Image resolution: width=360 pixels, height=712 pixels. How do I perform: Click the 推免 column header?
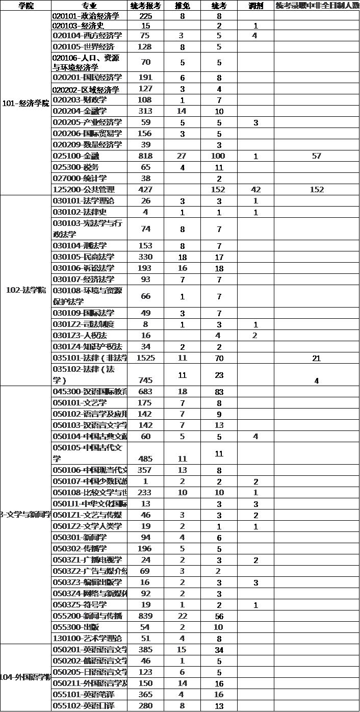tap(182, 6)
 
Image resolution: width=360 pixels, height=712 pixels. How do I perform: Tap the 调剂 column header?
tap(255, 6)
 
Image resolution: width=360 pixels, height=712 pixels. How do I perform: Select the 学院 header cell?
tap(26, 6)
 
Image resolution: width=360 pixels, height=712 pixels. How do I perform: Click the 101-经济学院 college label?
tap(26, 103)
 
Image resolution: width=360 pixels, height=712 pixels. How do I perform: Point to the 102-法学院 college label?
tap(26, 290)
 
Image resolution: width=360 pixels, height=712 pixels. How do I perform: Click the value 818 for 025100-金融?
tap(145, 156)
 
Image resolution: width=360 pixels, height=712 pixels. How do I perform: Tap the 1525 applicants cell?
tap(145, 358)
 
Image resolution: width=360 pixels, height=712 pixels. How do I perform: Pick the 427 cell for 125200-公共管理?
tap(145, 190)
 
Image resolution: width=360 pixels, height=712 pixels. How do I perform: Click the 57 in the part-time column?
tap(316, 156)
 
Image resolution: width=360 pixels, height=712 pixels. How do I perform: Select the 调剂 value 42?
tap(255, 190)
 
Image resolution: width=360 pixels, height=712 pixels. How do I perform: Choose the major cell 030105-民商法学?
tap(84, 257)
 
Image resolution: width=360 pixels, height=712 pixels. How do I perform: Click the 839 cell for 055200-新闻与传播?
tap(145, 616)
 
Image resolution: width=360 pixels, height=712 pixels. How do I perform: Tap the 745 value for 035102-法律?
tap(145, 380)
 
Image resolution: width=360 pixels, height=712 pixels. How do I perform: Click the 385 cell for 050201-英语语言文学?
tap(145, 650)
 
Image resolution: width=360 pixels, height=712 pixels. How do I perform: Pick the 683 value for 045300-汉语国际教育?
tap(145, 392)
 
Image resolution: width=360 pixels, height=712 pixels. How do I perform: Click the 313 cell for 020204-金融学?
tap(145, 111)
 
